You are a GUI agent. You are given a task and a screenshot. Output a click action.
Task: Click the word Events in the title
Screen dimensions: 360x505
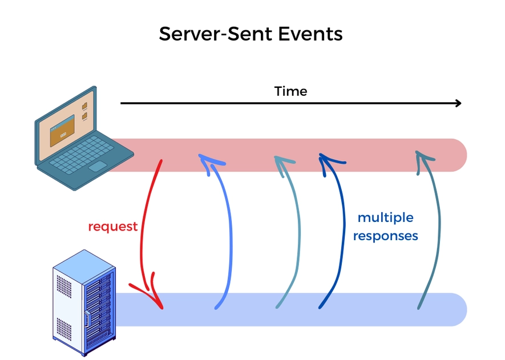pos(310,34)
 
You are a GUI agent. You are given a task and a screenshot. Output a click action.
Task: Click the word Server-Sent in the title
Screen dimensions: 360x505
pos(216,34)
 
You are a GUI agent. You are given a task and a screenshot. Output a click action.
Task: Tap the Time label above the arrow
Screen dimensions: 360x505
pos(290,91)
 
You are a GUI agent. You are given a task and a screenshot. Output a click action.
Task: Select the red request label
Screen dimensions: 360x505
pos(112,226)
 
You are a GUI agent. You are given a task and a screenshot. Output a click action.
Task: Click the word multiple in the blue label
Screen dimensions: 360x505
pos(385,217)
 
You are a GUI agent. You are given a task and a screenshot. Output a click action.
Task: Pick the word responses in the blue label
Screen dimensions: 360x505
pos(385,236)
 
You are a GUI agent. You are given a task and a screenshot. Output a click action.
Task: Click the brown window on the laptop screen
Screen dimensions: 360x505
pos(62,131)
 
